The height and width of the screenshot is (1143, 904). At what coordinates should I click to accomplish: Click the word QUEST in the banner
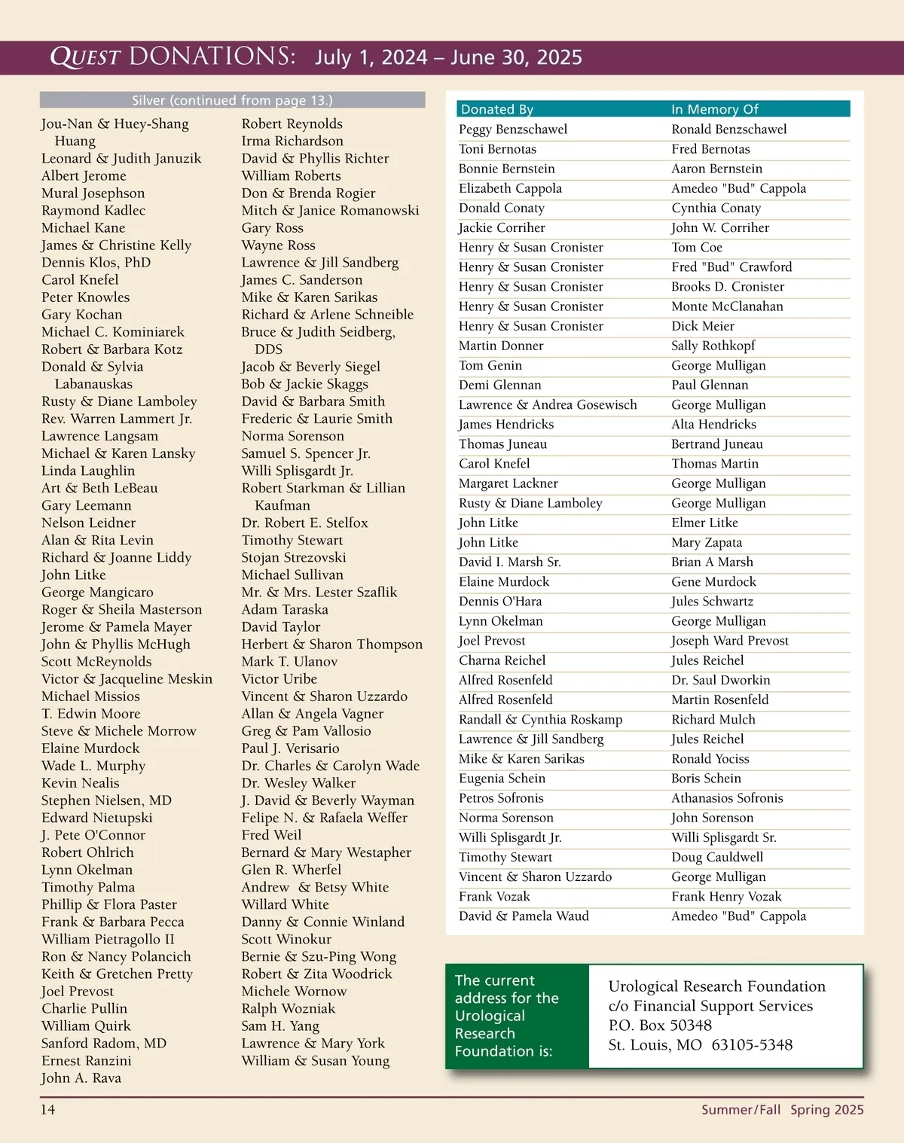pyautogui.click(x=85, y=57)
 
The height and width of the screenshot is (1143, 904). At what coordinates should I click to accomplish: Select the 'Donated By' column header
pyautogui.click(x=497, y=109)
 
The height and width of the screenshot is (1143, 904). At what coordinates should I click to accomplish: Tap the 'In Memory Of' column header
pyautogui.click(x=715, y=109)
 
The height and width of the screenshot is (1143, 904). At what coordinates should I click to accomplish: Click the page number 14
pyautogui.click(x=47, y=1109)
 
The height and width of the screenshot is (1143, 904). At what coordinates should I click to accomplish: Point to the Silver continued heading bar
pyautogui.click(x=232, y=100)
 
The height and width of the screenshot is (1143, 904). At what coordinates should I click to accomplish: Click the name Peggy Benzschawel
pyautogui.click(x=513, y=130)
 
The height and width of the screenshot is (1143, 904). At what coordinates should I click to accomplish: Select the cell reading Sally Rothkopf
pyautogui.click(x=713, y=346)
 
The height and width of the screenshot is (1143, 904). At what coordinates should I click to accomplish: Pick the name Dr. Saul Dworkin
pyautogui.click(x=720, y=680)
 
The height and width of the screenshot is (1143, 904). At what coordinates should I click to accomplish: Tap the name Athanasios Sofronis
pyautogui.click(x=727, y=798)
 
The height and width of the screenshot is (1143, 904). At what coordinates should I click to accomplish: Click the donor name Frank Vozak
pyautogui.click(x=494, y=896)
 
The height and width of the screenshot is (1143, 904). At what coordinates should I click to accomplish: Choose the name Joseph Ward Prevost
pyautogui.click(x=729, y=641)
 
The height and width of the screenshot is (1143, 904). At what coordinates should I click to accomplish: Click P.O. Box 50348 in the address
pyautogui.click(x=660, y=1025)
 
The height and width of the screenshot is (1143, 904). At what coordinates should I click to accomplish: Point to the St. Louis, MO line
pyautogui.click(x=700, y=1045)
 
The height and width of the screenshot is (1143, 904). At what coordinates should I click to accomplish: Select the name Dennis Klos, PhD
pyautogui.click(x=96, y=263)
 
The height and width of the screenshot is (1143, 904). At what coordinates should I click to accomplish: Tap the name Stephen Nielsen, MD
pyautogui.click(x=106, y=800)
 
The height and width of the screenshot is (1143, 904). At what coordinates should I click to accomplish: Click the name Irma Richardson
pyautogui.click(x=292, y=141)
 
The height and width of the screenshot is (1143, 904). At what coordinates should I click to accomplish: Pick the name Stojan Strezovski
pyautogui.click(x=294, y=557)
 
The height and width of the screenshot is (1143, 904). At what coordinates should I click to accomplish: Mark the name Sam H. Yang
pyautogui.click(x=280, y=1026)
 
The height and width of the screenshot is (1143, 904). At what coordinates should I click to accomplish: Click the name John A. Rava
pyautogui.click(x=81, y=1077)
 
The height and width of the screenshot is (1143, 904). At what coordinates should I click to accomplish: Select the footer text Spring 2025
pyautogui.click(x=826, y=1109)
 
